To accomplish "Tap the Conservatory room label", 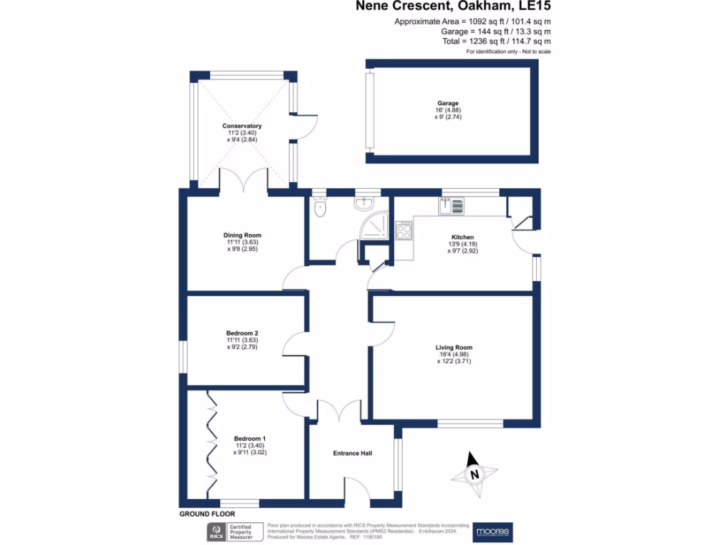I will point(241,126).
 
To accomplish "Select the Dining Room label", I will point(242,236).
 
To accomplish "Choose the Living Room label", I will point(454,348).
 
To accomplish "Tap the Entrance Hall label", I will point(352,453).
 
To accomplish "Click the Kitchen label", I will point(462,237).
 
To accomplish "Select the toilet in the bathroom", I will point(320,208).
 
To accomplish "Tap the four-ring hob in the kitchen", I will point(405,230).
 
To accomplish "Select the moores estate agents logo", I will point(493,532).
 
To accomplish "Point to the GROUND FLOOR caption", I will point(207,514).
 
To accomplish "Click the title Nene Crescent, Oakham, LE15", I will point(454,6).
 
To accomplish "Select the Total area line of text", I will point(496,42).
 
